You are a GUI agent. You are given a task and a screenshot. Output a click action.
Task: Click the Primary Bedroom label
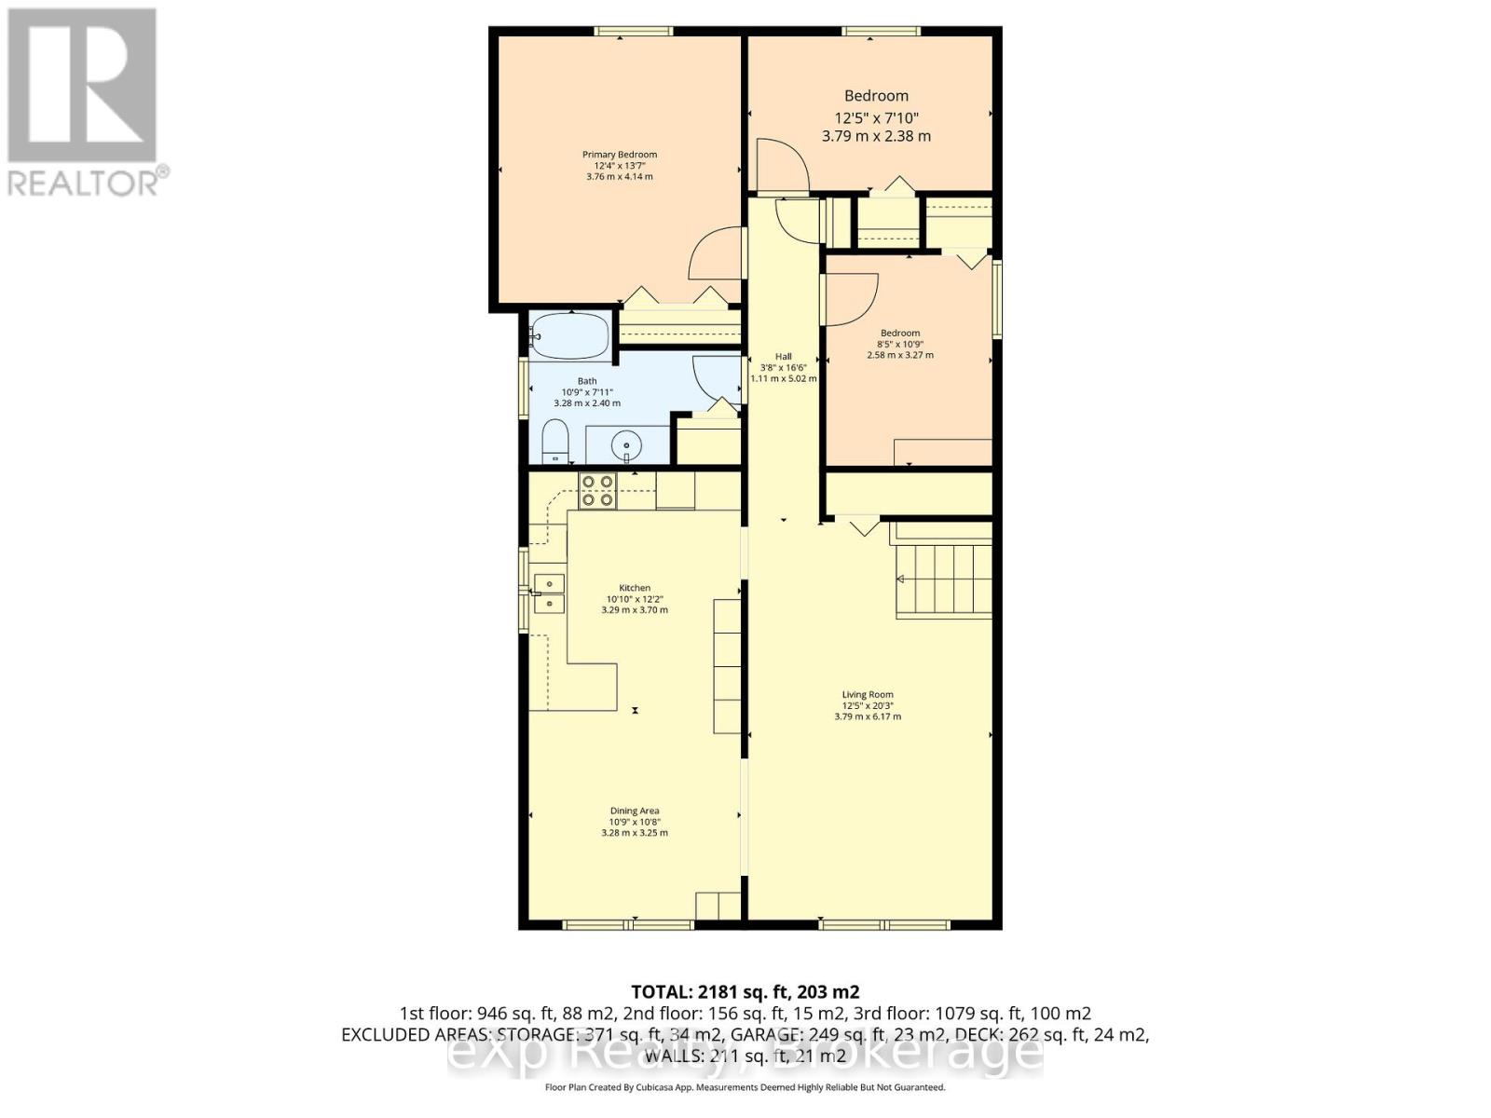[x=620, y=155]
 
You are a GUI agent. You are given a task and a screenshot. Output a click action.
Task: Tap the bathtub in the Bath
[x=568, y=335]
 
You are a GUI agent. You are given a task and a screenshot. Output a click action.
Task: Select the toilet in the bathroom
[x=555, y=441]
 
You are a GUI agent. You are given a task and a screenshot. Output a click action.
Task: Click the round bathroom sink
[x=627, y=446]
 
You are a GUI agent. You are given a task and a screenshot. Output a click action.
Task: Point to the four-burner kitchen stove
[x=597, y=490]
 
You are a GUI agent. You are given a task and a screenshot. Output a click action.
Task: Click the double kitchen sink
[x=549, y=593]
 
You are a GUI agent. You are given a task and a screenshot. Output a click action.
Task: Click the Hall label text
[x=783, y=357]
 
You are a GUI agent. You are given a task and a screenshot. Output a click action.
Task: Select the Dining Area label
[x=635, y=811]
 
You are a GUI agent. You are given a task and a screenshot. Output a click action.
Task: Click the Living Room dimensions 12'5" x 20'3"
[x=868, y=705]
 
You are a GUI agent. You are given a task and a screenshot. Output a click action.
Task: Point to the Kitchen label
[x=635, y=588]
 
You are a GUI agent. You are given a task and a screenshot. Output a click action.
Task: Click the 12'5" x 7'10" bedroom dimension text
[x=876, y=117]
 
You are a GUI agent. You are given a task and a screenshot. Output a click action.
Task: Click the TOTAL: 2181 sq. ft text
[x=745, y=991]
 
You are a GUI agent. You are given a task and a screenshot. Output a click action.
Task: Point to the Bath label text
[x=587, y=381]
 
